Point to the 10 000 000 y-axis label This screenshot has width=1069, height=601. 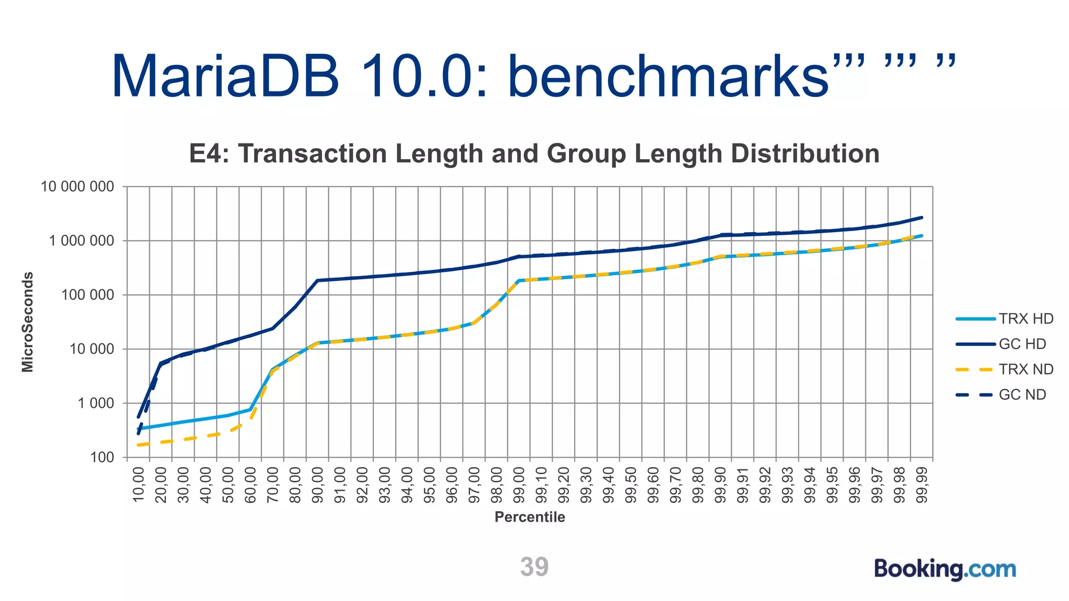pyautogui.click(x=77, y=186)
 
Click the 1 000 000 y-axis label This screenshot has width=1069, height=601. pyautogui.click(x=81, y=241)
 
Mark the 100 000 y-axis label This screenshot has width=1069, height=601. pyautogui.click(x=87, y=295)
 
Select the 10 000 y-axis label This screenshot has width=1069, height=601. pyautogui.click(x=92, y=349)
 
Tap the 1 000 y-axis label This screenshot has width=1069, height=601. pyautogui.click(x=96, y=403)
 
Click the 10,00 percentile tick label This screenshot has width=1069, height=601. pyautogui.click(x=138, y=485)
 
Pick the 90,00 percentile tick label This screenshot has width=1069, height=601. pyautogui.click(x=317, y=485)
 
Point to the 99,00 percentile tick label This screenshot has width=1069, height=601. pyautogui.click(x=519, y=485)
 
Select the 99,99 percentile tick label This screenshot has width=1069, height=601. pyautogui.click(x=922, y=485)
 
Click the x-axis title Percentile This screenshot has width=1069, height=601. pyautogui.click(x=530, y=517)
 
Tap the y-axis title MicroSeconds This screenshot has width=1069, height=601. pyautogui.click(x=28, y=322)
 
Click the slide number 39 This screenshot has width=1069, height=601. pyautogui.click(x=534, y=567)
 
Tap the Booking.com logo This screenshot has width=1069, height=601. pyautogui.click(x=945, y=569)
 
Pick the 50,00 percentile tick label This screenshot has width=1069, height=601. pyautogui.click(x=228, y=485)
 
